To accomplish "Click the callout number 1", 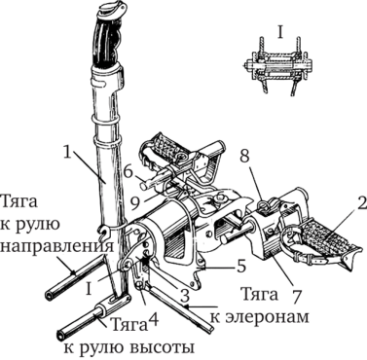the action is (67, 153).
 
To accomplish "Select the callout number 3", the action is (184, 296).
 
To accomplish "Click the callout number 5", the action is (240, 266).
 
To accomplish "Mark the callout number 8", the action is (243, 157).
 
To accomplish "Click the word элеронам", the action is (260, 316).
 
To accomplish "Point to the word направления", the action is (57, 246).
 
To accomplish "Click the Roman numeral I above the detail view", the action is (280, 33).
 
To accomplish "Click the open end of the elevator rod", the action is (61, 335).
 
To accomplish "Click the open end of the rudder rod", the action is (50, 296).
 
